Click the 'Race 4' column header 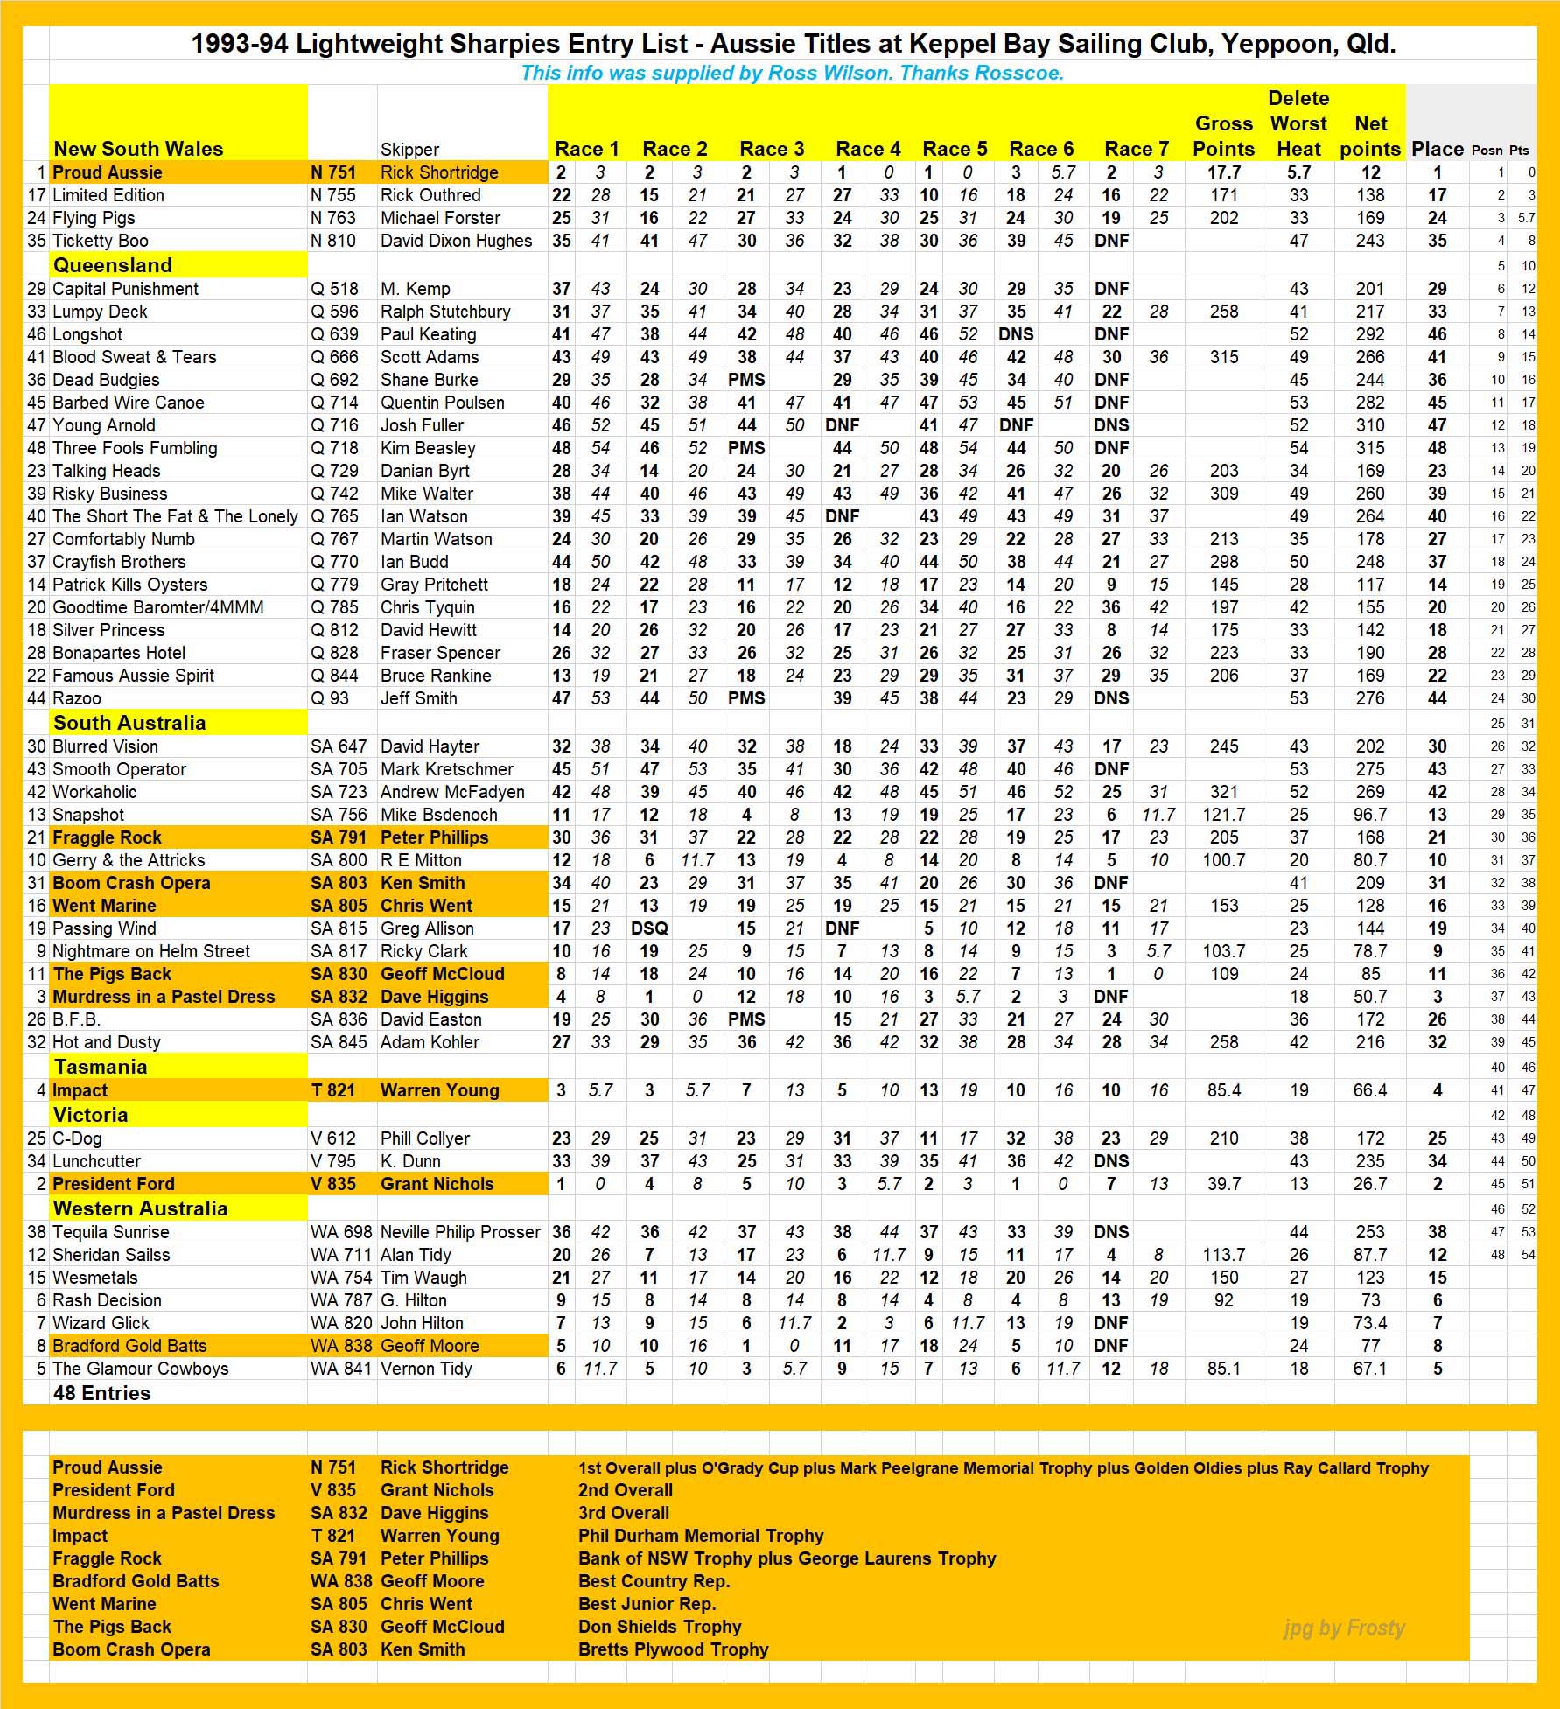click(867, 149)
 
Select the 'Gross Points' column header click(1223, 136)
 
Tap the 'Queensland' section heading click(113, 265)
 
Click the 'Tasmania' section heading click(101, 1067)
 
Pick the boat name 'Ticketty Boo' click(101, 241)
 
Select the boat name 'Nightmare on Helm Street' click(151, 951)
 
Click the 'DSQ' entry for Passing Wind click(649, 928)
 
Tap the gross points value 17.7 click(1223, 172)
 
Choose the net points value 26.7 click(1370, 1184)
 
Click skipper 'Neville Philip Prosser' click(460, 1232)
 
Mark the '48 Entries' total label click(101, 1393)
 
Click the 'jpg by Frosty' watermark click(1344, 1628)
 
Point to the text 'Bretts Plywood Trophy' click(673, 1649)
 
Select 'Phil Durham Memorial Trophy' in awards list click(701, 1536)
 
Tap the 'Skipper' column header click(409, 150)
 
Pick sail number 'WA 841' click(340, 1369)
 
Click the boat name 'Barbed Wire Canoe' click(129, 403)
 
